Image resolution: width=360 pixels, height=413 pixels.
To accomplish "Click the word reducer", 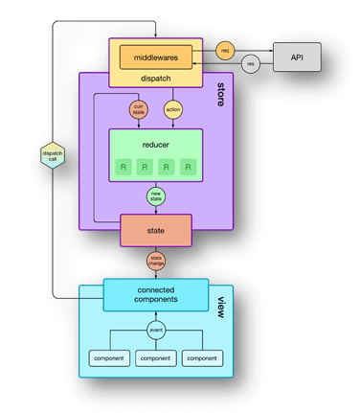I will (x=155, y=146).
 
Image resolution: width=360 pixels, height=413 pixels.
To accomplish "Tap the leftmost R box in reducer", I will (x=124, y=168).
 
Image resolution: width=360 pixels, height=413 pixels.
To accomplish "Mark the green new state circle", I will (x=155, y=196).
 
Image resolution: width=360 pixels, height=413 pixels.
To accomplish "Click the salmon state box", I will (x=155, y=231).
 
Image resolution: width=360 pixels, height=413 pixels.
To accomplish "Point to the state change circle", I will (x=155, y=261).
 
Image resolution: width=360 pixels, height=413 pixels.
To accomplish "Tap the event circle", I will (x=155, y=330).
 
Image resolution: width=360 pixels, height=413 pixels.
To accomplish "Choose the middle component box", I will (x=155, y=357).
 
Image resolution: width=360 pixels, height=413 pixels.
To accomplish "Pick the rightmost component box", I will (x=203, y=357).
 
